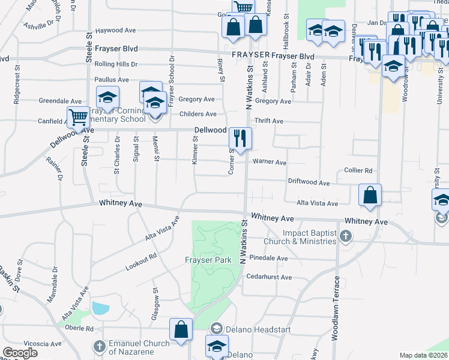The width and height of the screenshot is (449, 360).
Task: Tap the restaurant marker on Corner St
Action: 240,139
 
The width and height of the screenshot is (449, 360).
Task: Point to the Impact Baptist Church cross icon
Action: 345,236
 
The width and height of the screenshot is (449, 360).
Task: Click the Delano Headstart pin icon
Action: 217,328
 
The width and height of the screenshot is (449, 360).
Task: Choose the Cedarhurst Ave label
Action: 269,277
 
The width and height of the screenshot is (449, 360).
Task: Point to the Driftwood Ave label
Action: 309,182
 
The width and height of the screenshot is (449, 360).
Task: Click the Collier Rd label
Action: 358,170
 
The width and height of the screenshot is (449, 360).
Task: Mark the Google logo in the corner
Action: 20,352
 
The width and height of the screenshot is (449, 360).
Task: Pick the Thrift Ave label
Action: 268,121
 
